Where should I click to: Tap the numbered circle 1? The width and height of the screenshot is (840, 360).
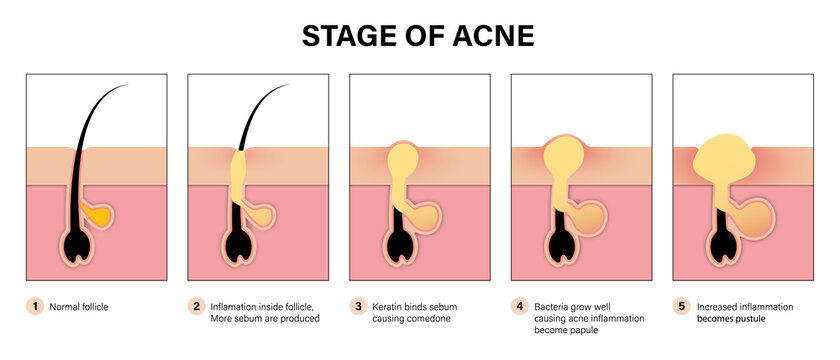(36, 306)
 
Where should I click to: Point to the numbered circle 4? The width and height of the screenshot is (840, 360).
(519, 306)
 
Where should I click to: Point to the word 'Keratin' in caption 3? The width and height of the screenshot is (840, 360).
(388, 306)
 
